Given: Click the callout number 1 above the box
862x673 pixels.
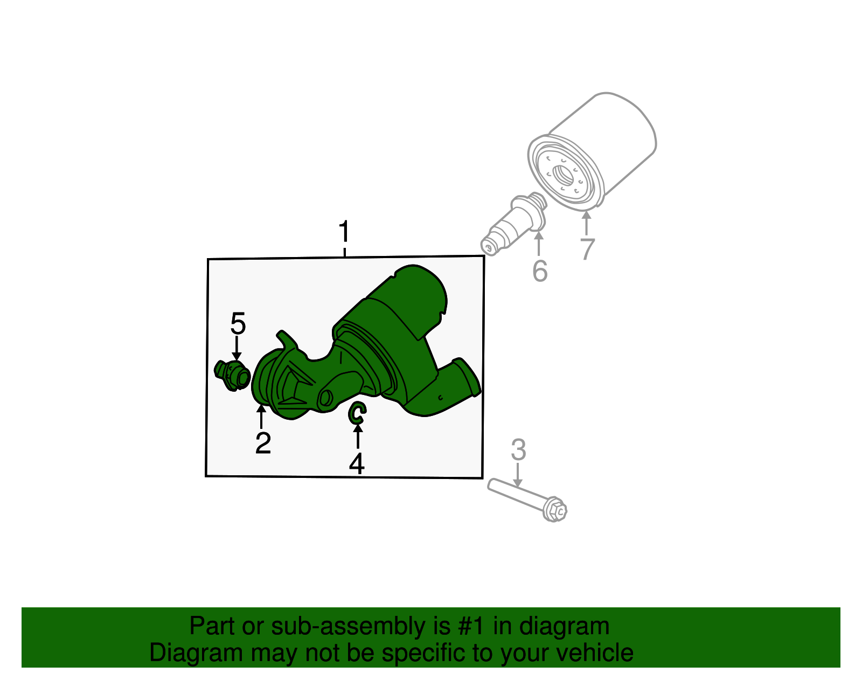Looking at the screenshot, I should [x=344, y=233].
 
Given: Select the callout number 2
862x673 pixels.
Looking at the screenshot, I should [x=263, y=443].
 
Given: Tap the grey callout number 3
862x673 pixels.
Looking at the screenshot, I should [x=518, y=450].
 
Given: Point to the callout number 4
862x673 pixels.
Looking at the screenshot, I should [x=357, y=464].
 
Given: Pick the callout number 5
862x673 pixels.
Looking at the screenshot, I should [x=238, y=324].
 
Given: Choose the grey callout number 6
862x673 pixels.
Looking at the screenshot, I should [x=539, y=270].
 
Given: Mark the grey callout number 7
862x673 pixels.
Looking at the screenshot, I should [x=587, y=249].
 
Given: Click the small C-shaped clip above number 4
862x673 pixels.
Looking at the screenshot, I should [x=357, y=413].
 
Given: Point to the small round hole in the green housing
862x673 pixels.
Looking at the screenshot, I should [x=325, y=398].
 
